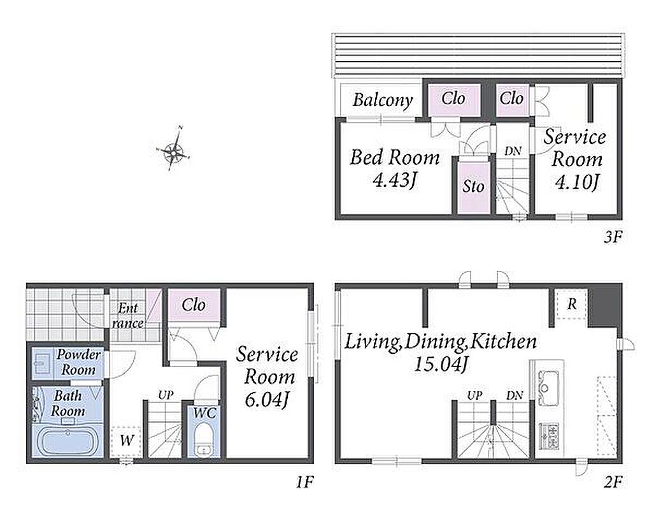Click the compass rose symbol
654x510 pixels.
coord(173,150)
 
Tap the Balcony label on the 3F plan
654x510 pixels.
coord(383,100)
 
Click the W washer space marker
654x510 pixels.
coord(127,441)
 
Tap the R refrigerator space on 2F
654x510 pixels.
coord(571,304)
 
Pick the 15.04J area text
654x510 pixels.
coord(441,364)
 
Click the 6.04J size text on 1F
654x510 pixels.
coord(266,400)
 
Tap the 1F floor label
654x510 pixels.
coord(304,483)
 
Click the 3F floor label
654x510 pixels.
coord(613,237)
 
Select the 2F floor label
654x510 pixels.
coord(613,483)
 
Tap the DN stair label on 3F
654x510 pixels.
coord(513,151)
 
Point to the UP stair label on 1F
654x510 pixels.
coord(166,395)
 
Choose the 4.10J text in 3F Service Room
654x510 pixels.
coord(577,182)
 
